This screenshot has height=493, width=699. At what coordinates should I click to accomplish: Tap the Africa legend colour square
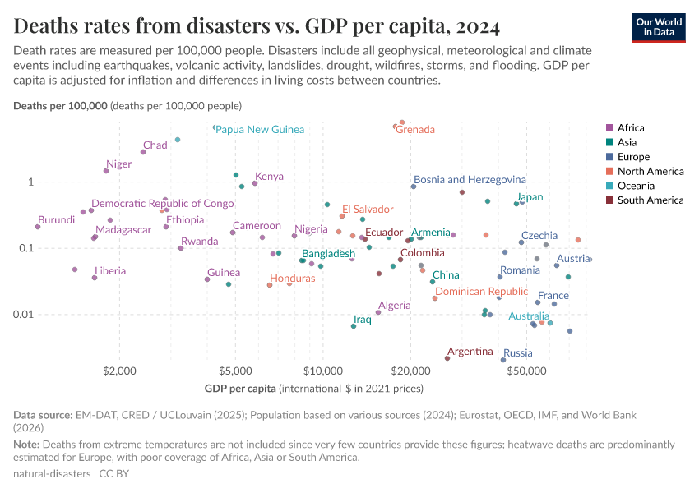(x=609, y=127)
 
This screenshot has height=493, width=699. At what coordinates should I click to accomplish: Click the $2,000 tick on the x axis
(x=120, y=371)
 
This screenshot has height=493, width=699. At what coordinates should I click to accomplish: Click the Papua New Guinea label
(x=260, y=130)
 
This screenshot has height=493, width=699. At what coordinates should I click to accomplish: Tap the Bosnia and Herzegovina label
(x=470, y=179)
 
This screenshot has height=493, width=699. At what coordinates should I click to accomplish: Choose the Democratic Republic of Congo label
(x=163, y=203)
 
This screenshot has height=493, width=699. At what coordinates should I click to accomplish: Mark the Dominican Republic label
(x=481, y=292)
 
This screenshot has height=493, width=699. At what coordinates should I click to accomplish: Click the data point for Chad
(x=143, y=152)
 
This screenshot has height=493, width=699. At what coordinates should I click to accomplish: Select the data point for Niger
(x=106, y=171)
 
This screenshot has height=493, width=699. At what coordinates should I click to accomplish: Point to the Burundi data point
(x=38, y=227)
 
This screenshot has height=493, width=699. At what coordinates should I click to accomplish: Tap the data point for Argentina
(x=447, y=358)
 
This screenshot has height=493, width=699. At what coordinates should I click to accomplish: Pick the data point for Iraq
(x=354, y=326)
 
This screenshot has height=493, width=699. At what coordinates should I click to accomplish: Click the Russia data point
(x=503, y=360)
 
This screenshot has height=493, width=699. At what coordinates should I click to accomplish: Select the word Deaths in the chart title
(x=47, y=26)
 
